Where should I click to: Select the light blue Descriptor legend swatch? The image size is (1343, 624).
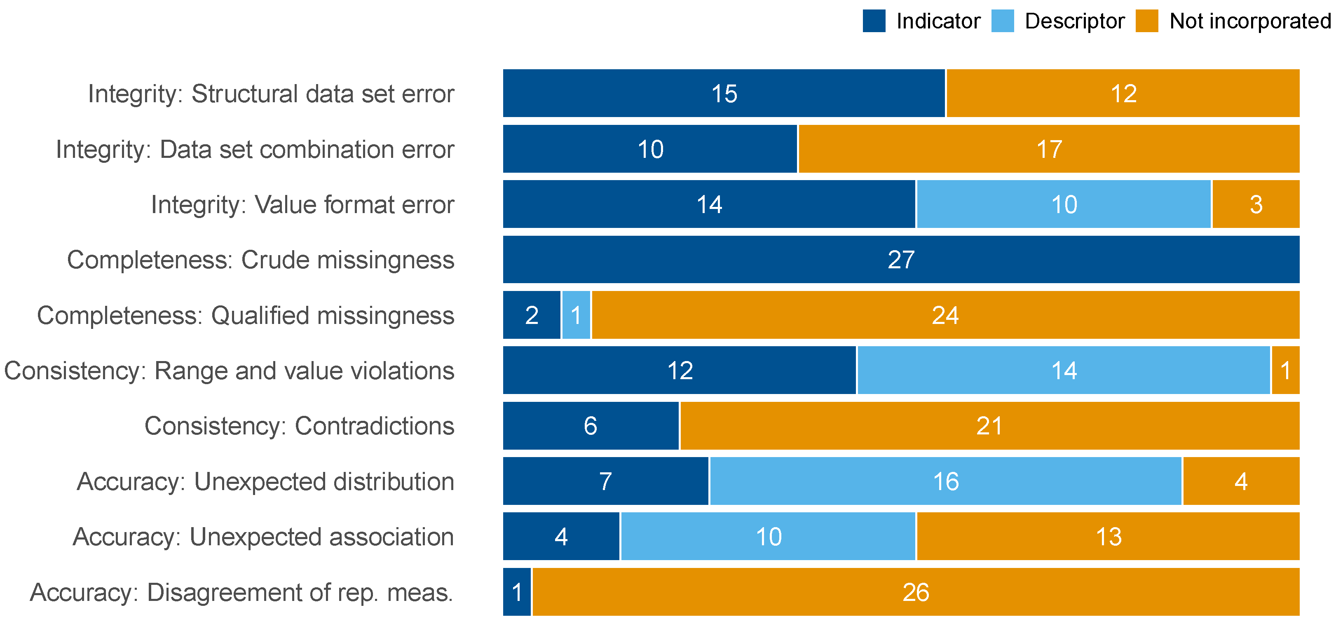coord(1003,21)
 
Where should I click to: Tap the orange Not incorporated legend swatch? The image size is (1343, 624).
coord(1147,21)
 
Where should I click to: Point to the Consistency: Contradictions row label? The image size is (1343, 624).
coord(299,426)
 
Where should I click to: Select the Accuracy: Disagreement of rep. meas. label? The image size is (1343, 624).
coord(241,592)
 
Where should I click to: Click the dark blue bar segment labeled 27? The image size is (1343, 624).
coord(901,260)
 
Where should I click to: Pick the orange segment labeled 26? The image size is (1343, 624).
coord(916,592)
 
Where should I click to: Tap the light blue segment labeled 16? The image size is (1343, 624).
coord(945,481)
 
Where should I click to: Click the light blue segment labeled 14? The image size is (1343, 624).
coord(1064,371)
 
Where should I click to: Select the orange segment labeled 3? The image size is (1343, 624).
coord(1255,204)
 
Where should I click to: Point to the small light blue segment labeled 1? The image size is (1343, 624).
coord(576,315)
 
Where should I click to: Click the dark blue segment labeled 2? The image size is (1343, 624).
coord(531,315)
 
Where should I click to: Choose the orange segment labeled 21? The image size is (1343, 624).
coord(989,426)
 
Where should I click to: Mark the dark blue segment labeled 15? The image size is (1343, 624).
coord(724,93)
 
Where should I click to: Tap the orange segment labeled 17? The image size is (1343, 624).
coord(1048,149)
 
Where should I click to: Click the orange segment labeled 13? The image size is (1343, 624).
coord(1108,537)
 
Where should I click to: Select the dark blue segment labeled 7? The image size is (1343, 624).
coord(605,481)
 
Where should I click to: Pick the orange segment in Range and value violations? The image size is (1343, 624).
coord(1285,371)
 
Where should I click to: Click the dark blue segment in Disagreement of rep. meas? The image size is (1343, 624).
coord(517,592)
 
